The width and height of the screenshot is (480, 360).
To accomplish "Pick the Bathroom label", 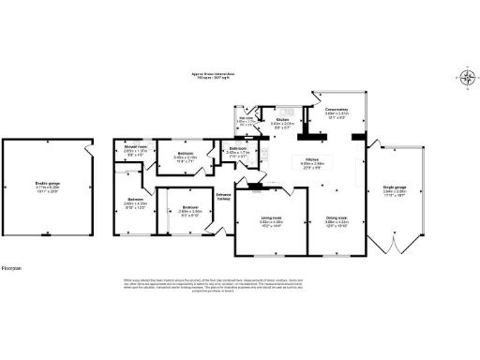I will pos(237,151).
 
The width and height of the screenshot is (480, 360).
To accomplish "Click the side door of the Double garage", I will pos(86,150).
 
